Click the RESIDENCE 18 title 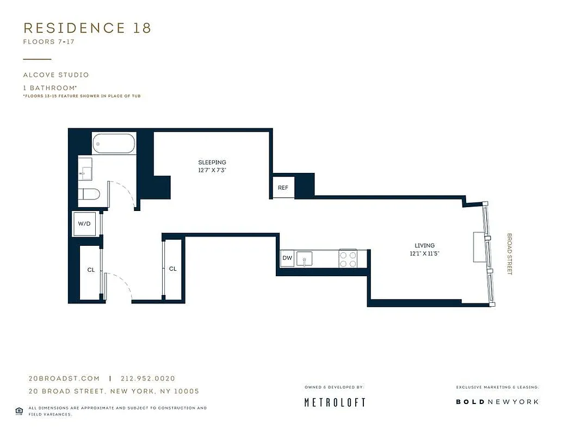[87, 28]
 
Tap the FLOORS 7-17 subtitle [48, 42]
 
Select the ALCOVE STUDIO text [55, 75]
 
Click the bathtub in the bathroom [114, 144]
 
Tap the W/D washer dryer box [84, 223]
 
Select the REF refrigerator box [283, 188]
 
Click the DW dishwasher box [287, 258]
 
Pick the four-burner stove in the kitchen [348, 259]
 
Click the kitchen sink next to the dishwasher [305, 259]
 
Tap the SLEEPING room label [212, 163]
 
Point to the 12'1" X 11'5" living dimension [424, 253]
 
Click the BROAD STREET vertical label [510, 254]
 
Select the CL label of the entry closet [91, 270]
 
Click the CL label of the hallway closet [173, 269]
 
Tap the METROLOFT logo [334, 402]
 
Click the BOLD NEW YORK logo [497, 402]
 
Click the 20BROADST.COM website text [64, 378]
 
